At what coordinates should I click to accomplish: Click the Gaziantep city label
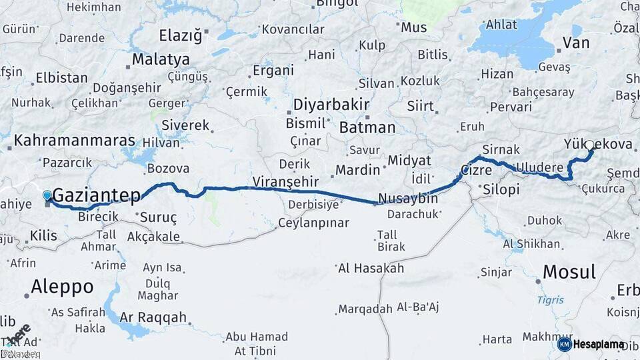96,195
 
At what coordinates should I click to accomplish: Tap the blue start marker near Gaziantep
47,195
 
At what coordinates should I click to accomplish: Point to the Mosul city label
569,271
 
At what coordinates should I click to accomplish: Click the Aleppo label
62,287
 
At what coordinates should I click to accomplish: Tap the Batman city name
367,127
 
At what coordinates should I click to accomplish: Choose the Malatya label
160,59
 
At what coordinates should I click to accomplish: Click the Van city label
576,43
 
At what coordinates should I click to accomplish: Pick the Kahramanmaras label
74,141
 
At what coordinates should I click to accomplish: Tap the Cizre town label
476,171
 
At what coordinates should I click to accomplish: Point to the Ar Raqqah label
153,317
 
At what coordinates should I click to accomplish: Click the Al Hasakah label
371,268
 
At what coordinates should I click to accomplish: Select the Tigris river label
550,300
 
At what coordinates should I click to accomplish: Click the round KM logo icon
564,344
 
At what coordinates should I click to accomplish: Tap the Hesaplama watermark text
599,344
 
